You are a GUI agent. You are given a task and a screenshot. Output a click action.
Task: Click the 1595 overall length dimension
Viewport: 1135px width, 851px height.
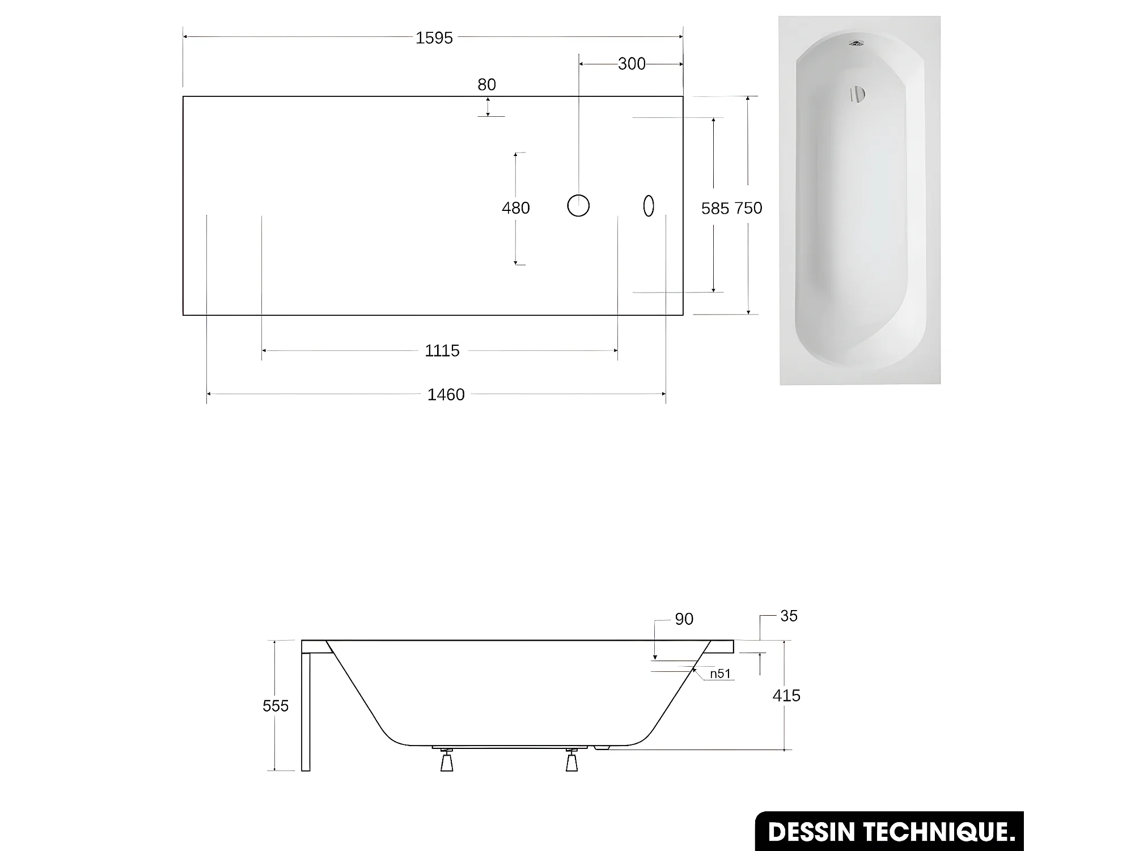tap(434, 38)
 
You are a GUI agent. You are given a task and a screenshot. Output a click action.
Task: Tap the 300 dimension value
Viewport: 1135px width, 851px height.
tap(632, 64)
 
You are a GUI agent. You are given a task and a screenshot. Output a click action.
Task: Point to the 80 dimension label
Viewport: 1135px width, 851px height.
tap(486, 84)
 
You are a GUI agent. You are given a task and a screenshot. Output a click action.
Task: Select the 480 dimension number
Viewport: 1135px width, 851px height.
tap(515, 208)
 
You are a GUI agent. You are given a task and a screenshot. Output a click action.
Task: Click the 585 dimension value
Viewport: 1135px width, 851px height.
tap(715, 209)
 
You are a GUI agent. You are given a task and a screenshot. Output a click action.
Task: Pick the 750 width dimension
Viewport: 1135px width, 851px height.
tap(748, 208)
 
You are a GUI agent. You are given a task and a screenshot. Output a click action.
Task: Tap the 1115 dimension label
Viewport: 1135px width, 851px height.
tap(442, 351)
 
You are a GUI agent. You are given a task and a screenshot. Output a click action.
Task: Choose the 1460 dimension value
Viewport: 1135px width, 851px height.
tap(446, 395)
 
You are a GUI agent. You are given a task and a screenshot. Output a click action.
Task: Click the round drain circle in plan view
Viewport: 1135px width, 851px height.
tap(578, 205)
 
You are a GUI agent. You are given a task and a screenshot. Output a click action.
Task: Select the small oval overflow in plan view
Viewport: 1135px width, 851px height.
tap(649, 206)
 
